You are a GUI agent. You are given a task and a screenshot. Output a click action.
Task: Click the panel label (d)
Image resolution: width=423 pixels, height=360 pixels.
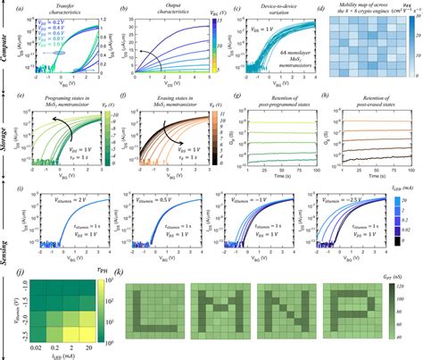pos(323,8)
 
